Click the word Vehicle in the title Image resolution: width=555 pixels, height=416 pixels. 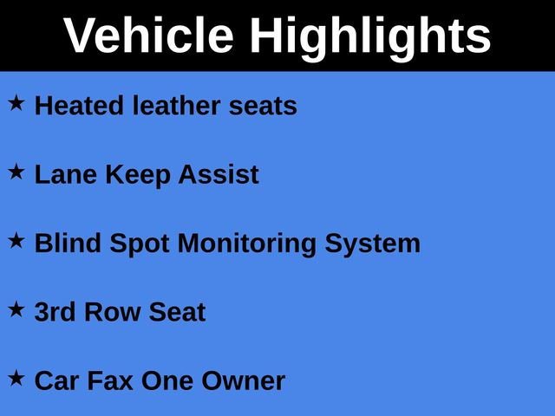click(x=148, y=36)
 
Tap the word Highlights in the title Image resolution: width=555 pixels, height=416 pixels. click(x=370, y=36)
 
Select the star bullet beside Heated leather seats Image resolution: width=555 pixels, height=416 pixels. click(x=17, y=103)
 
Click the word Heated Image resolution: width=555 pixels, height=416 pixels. click(x=80, y=106)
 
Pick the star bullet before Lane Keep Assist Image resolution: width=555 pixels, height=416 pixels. click(x=17, y=172)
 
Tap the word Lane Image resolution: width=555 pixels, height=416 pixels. click(x=66, y=174)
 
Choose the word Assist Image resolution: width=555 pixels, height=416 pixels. click(x=219, y=174)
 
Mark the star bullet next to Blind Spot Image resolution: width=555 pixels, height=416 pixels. click(x=17, y=241)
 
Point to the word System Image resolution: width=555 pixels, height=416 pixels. click(x=373, y=244)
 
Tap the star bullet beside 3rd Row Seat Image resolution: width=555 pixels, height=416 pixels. click(x=17, y=309)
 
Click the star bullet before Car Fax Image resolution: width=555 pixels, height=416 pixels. click(x=17, y=378)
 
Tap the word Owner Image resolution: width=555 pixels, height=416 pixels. click(x=243, y=380)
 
